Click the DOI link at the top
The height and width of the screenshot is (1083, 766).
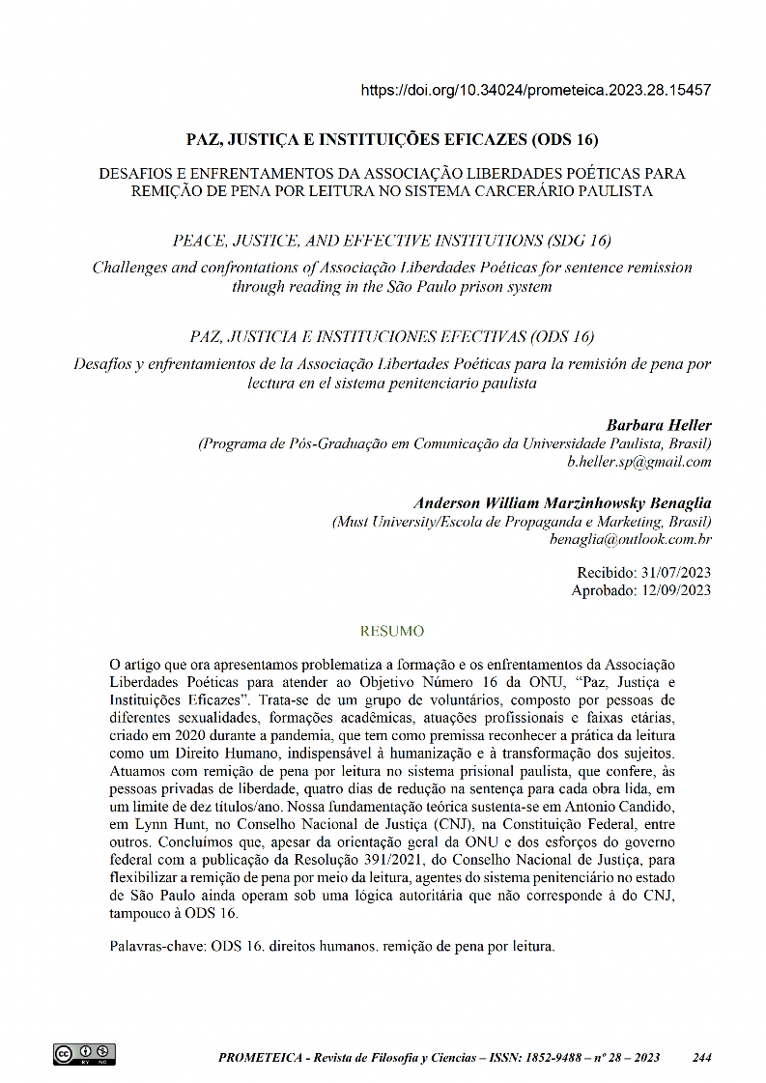tap(536, 90)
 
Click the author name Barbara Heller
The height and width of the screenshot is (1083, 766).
tap(658, 425)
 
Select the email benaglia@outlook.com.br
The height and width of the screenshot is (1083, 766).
tap(630, 540)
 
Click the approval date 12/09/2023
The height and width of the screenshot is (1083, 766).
tap(676, 590)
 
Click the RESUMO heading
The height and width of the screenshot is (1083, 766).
tap(391, 631)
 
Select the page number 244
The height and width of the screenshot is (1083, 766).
tap(702, 1057)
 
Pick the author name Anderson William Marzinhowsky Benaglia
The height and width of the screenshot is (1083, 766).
tap(562, 503)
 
